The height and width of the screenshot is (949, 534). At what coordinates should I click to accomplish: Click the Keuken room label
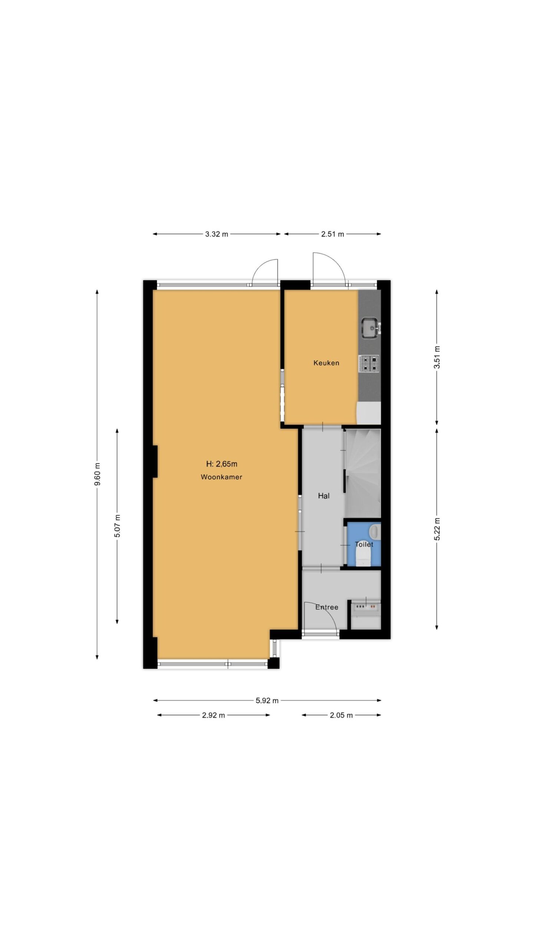click(x=326, y=363)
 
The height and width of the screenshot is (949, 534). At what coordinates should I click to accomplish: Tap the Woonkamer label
click(x=221, y=477)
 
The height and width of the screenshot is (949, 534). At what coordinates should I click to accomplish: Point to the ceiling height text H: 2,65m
click(x=221, y=464)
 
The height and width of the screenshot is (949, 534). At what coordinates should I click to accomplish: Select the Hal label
click(x=324, y=496)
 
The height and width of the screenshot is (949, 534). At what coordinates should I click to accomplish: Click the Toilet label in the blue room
click(x=364, y=545)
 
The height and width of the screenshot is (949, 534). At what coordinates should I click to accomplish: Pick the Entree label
click(x=327, y=607)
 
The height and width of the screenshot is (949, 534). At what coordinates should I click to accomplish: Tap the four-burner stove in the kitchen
click(x=369, y=364)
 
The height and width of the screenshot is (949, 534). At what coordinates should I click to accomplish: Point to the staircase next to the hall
click(x=363, y=473)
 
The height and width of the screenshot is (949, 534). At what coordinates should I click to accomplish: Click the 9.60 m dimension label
click(x=97, y=474)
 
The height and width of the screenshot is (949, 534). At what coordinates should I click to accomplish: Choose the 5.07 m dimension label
click(x=117, y=526)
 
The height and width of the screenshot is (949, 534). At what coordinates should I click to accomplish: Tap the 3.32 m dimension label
click(x=217, y=234)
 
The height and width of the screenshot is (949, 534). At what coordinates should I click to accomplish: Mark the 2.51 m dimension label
click(x=333, y=234)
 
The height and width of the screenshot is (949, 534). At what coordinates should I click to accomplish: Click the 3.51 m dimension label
click(x=437, y=357)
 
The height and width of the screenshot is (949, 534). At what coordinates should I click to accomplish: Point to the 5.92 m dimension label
click(x=267, y=701)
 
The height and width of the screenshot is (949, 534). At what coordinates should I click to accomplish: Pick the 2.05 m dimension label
click(x=341, y=715)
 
